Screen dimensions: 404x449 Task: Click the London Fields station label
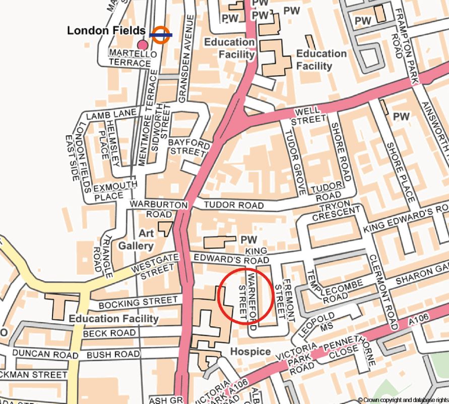click(x=106, y=31)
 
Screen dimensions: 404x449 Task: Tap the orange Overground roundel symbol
click(x=161, y=35)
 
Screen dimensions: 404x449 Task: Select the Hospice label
click(x=250, y=351)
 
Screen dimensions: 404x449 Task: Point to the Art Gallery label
click(x=136, y=239)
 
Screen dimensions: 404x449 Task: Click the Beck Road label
click(x=109, y=334)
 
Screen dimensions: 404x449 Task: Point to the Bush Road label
click(x=113, y=355)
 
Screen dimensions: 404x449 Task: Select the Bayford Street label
click(x=189, y=147)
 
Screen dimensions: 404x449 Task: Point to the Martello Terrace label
click(x=130, y=58)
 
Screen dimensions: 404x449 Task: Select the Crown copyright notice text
click(x=403, y=399)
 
